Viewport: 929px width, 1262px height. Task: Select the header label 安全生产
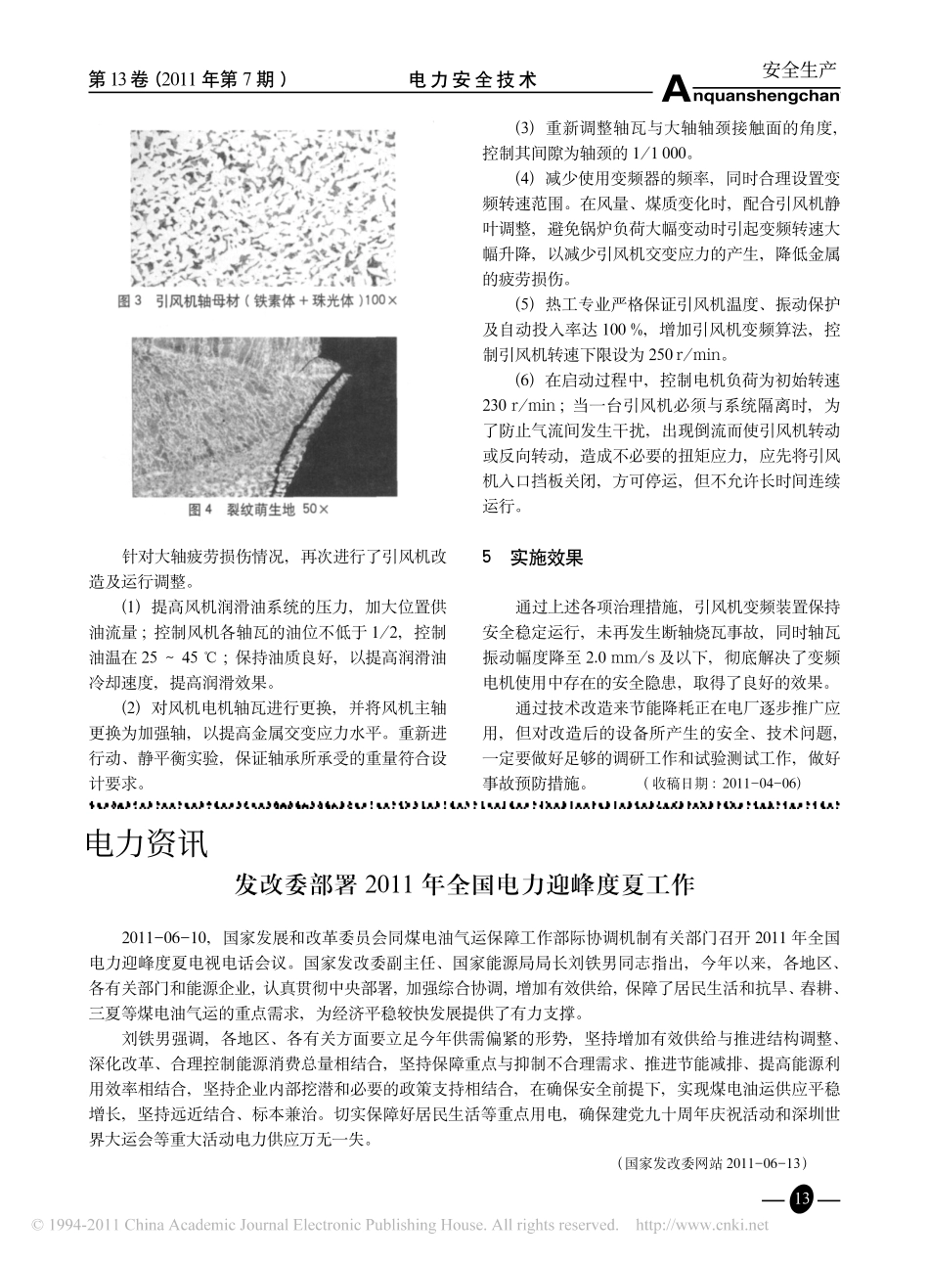click(x=799, y=69)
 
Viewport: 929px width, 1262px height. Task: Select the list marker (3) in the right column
click(x=525, y=128)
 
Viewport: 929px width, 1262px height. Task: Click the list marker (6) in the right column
click(x=525, y=379)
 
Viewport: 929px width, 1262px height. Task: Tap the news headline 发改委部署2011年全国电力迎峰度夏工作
click(x=464, y=885)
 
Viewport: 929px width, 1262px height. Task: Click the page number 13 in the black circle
click(x=801, y=1199)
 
